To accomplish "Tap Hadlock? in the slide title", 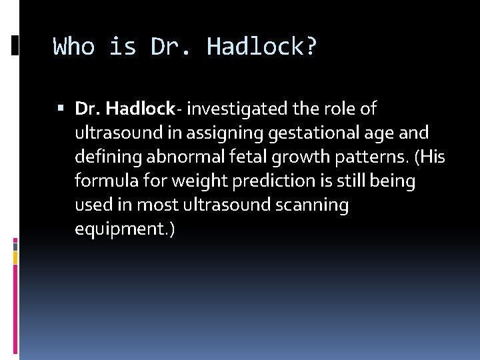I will [262, 47].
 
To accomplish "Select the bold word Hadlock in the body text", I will [141, 108].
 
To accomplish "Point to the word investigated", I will [232, 108].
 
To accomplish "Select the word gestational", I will [302, 133].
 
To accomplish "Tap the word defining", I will [103, 157].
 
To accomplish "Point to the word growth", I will [284, 157].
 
